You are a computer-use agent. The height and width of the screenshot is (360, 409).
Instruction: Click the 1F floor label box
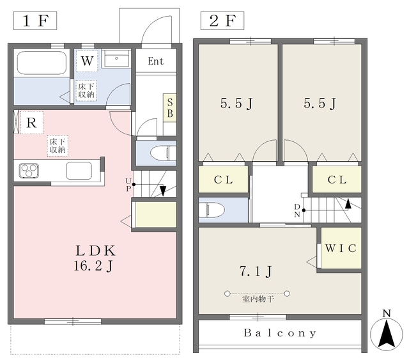click(x=35, y=20)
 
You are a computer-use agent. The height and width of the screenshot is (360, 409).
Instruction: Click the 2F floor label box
click(x=222, y=20)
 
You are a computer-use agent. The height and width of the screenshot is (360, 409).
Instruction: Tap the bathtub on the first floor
click(x=41, y=63)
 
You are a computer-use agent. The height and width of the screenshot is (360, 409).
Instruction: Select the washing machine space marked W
click(x=87, y=61)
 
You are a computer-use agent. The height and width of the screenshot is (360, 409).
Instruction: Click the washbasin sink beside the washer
click(x=116, y=59)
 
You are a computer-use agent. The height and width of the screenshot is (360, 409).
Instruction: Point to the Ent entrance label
click(x=156, y=61)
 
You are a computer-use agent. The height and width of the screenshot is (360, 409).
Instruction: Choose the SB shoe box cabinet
click(x=170, y=108)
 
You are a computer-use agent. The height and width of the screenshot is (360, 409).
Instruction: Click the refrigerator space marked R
click(x=31, y=122)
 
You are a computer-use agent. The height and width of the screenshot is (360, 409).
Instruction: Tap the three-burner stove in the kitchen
click(x=29, y=171)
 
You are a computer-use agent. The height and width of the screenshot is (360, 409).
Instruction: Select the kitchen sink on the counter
click(x=79, y=171)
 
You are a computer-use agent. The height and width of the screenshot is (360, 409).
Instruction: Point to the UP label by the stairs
click(x=128, y=185)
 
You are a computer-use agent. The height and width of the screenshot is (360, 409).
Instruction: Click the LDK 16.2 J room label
click(x=95, y=258)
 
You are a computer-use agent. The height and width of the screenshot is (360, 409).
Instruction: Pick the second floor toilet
click(x=212, y=210)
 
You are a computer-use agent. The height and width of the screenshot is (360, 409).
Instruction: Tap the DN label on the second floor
click(x=297, y=210)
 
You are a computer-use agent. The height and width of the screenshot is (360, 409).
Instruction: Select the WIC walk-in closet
click(x=341, y=248)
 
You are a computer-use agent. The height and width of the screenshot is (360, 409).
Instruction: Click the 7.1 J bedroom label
click(x=256, y=271)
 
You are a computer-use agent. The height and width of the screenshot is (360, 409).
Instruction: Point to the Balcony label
click(x=280, y=333)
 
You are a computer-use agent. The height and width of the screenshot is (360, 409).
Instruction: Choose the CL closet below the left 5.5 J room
click(x=223, y=180)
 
